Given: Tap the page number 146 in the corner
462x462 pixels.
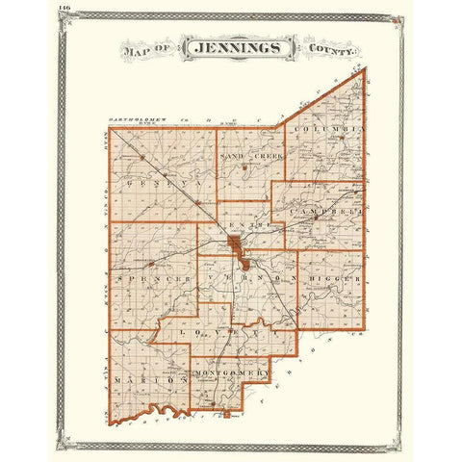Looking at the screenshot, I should [x=64, y=8].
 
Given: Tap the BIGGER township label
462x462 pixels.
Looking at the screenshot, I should [x=332, y=280].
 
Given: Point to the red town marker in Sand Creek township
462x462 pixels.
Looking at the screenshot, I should [x=246, y=167].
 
